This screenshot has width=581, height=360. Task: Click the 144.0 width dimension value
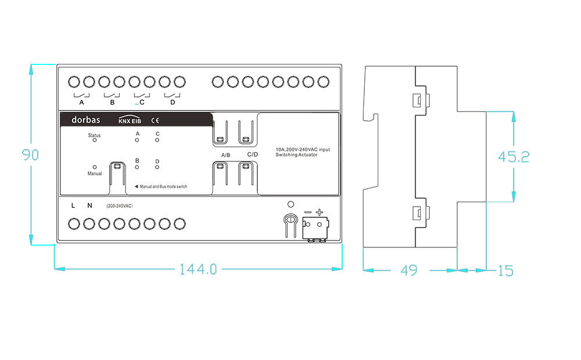(198, 269)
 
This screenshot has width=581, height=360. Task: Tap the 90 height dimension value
(30, 154)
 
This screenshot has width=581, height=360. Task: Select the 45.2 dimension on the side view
(514, 157)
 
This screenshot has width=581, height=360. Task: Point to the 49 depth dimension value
(408, 271)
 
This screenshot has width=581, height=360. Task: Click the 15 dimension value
(506, 271)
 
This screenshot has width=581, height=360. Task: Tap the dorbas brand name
(85, 120)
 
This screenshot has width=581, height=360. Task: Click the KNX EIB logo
(130, 119)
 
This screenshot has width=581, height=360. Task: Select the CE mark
(155, 120)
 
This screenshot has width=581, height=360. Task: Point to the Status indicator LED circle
(95, 140)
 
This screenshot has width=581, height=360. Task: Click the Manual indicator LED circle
(95, 167)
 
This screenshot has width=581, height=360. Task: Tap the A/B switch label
(225, 155)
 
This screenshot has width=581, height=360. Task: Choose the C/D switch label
(253, 154)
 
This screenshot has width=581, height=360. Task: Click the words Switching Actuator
(296, 155)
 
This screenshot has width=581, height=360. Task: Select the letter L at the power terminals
(73, 206)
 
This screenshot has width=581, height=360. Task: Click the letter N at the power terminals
(89, 206)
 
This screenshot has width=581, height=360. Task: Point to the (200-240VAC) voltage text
(119, 206)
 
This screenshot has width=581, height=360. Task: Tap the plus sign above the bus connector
(320, 212)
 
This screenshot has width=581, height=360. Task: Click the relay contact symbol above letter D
(173, 95)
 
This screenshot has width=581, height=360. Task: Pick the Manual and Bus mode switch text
(163, 186)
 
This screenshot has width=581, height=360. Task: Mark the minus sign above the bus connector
(307, 212)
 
